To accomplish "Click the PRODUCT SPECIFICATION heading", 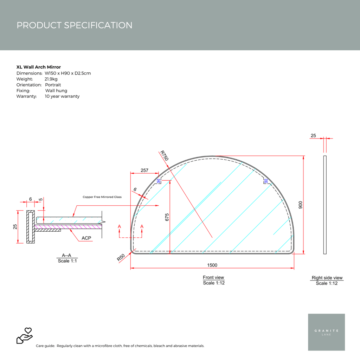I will point(75,25).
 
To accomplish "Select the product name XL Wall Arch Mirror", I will point(39,67).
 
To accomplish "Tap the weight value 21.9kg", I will point(51,79).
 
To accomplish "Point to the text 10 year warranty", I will point(62,96).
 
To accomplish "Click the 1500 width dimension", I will point(212,265).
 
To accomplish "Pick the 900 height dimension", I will point(300,205).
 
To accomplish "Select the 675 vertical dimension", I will point(167,217).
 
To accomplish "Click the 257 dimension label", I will point(144,170).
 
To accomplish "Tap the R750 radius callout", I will point(164,156).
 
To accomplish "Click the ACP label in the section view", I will point(86,238).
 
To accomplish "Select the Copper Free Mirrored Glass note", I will point(102,197).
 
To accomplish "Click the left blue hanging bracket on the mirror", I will point(159,181).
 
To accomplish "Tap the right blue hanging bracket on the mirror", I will point(266,181).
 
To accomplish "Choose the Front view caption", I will point(213,278).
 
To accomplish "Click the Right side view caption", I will point(327,278).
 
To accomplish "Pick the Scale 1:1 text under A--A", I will point(67,261).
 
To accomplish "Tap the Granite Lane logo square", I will point(326,332).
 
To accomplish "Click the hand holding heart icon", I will point(24,335).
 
